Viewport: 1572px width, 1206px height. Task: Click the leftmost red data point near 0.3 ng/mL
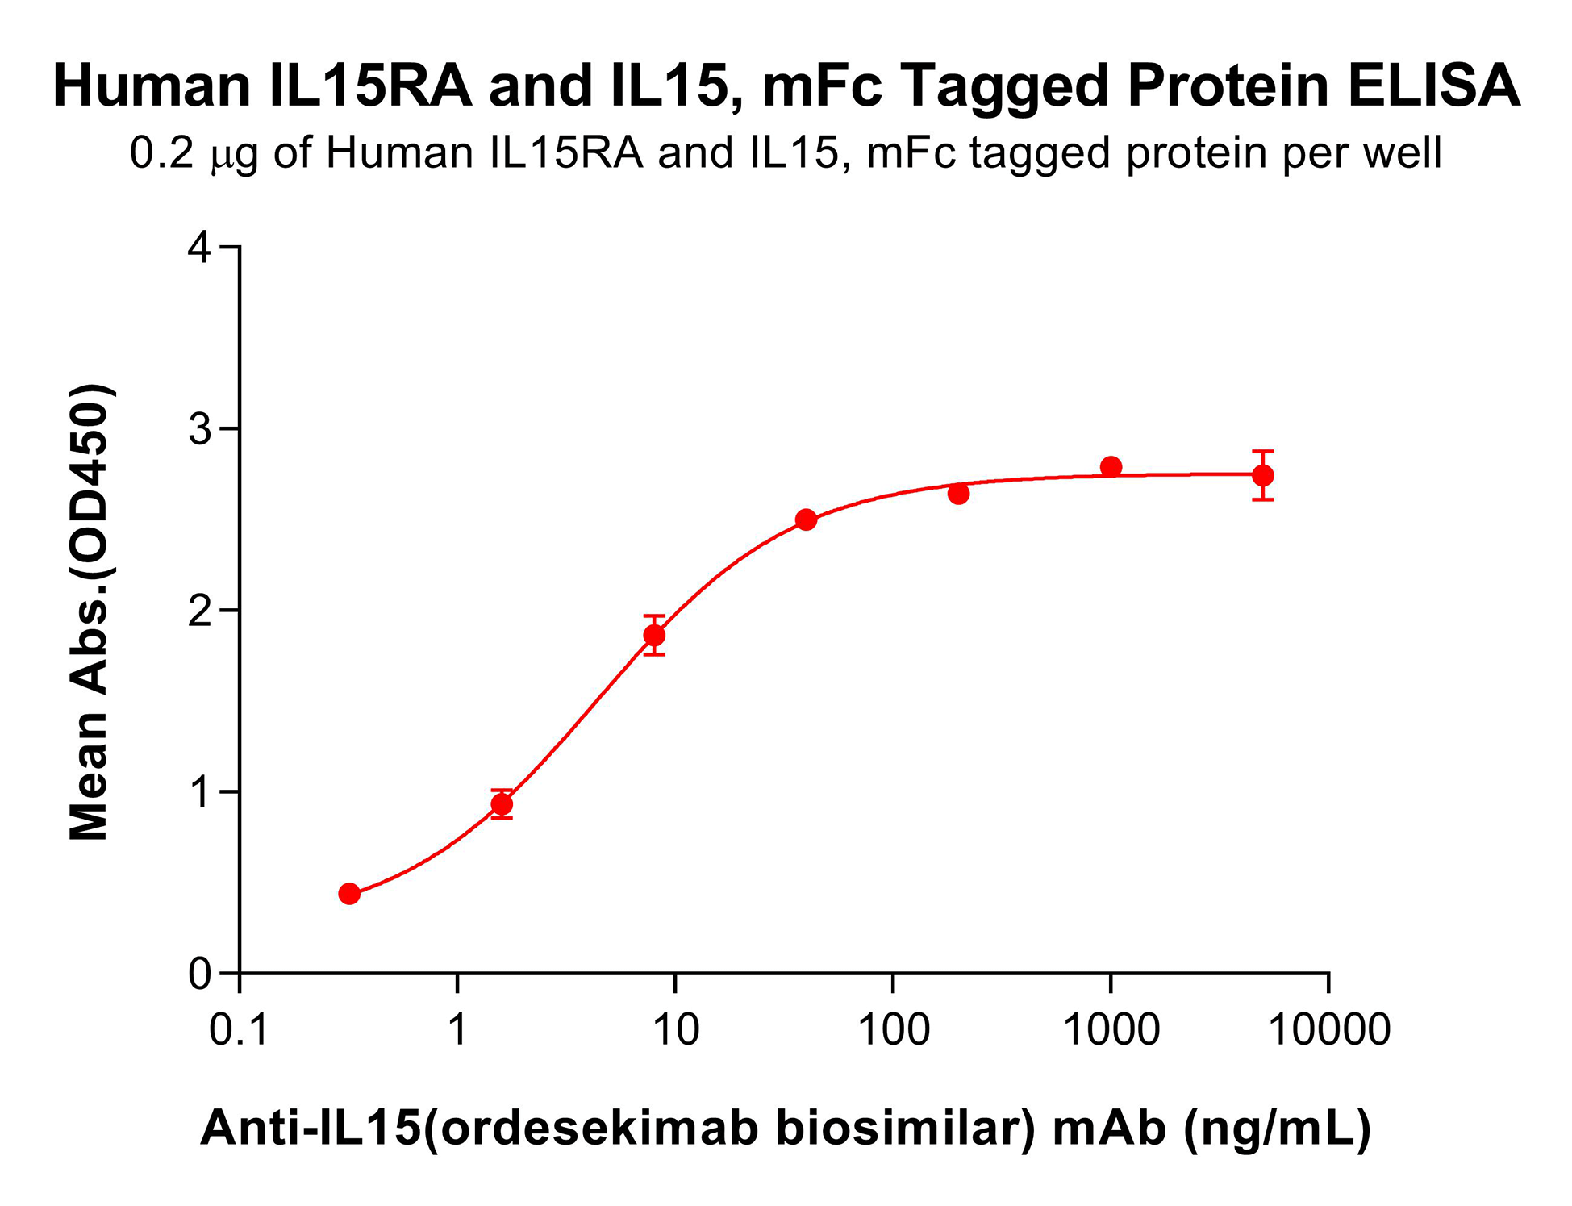coord(349,894)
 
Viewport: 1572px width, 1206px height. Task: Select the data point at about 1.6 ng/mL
coord(502,804)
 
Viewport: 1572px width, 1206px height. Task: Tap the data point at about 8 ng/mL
coord(654,636)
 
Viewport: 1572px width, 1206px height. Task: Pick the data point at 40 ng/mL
coord(806,520)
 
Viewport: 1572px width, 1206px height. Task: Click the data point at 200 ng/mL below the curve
coord(958,494)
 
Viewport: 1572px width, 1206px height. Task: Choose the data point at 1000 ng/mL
coord(1111,467)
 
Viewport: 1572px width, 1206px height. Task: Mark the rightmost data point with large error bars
coord(1263,475)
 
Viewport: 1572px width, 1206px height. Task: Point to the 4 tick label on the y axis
coord(199,248)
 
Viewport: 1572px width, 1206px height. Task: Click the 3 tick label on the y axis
coord(199,429)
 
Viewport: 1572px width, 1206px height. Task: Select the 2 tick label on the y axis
coord(199,611)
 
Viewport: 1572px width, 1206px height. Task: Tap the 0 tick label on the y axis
coord(199,974)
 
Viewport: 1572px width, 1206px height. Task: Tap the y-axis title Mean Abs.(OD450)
coord(90,613)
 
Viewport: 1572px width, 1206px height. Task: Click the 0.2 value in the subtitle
coord(162,152)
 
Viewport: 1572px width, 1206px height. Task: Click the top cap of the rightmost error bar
coord(1263,451)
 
